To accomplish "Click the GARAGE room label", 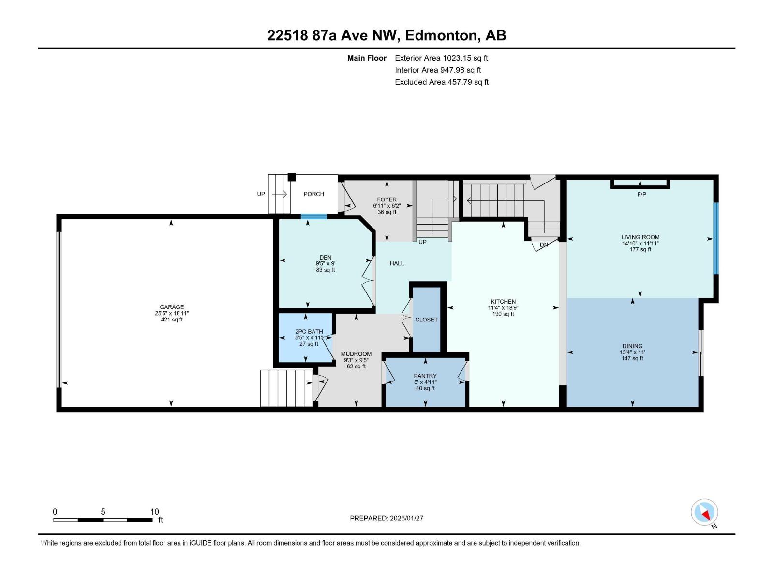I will coord(172,307).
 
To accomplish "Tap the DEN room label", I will coord(326,258).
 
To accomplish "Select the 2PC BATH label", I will coord(309,332).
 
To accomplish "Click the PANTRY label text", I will coord(425,376).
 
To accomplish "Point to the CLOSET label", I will coord(426,320).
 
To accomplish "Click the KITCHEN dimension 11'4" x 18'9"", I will coord(503,308).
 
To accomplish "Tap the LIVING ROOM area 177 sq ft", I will coord(640,250).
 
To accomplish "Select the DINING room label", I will coord(632,346).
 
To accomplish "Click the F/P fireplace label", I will coord(641,195).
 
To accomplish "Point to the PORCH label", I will coord(314,194).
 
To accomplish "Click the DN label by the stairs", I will coord(544,245).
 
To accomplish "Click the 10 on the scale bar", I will coord(154,512).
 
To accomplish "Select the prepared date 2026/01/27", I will coord(406,518).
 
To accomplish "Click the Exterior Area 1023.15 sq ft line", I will coord(441,58).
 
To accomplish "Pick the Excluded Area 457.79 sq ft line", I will coord(441,82).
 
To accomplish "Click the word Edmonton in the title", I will coord(440,35).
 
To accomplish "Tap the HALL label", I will coord(397,263).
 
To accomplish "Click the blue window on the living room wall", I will coord(716,238).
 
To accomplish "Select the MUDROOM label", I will coord(356,354).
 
